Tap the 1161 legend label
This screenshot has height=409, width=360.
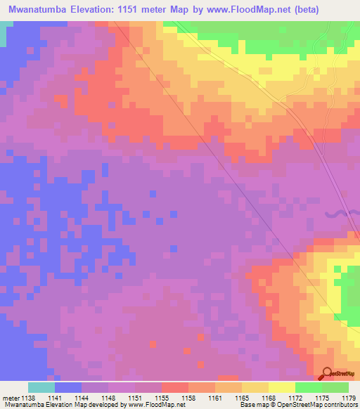tap(216, 398)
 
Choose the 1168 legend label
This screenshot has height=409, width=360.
tap(269, 398)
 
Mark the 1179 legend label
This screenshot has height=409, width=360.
tap(347, 398)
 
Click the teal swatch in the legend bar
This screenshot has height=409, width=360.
tap(41, 387)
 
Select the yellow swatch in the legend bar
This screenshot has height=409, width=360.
tap(282, 387)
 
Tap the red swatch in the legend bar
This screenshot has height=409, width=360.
tap(175, 387)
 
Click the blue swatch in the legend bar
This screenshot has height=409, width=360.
tap(68, 387)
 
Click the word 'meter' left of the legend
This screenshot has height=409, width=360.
tap(11, 398)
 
